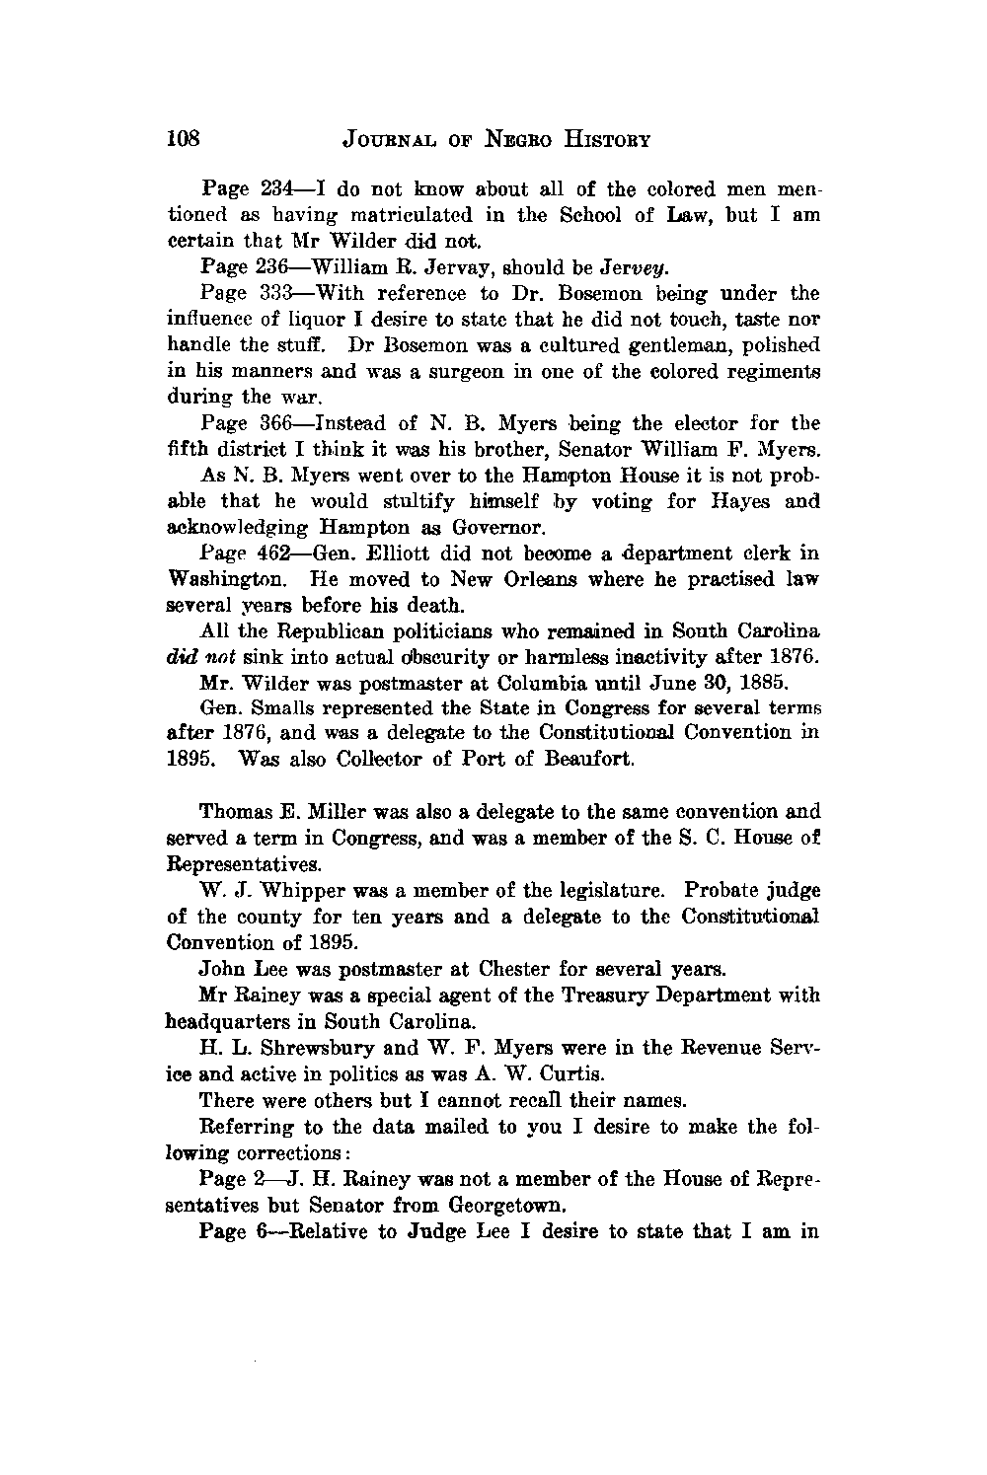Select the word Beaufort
(580, 761)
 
